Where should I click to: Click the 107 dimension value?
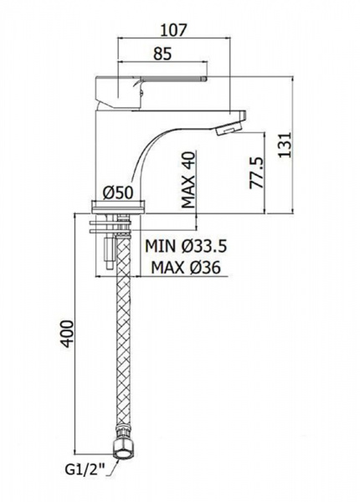pyautogui.click(x=173, y=30)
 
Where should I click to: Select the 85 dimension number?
pyautogui.click(x=162, y=54)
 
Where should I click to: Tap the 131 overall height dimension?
pyautogui.click(x=285, y=145)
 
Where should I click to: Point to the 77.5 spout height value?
pyautogui.click(x=257, y=173)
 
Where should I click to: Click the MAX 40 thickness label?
pyautogui.click(x=188, y=180)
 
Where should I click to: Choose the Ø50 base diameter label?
pyautogui.click(x=117, y=192)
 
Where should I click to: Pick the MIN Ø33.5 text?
pyautogui.click(x=186, y=246)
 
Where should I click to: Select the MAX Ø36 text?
pyautogui.click(x=186, y=267)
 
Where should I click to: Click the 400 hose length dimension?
pyautogui.click(x=68, y=334)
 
